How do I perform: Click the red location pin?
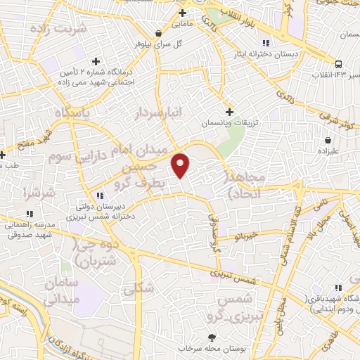pos(181,165)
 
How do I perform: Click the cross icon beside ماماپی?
pos(182,13)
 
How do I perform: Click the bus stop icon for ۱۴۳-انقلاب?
pos(338,62)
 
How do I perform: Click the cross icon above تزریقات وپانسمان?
pos(229,111)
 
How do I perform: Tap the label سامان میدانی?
pos(62,290)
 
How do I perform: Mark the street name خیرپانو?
pos(239,238)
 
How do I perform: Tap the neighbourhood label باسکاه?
pos(67,112)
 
